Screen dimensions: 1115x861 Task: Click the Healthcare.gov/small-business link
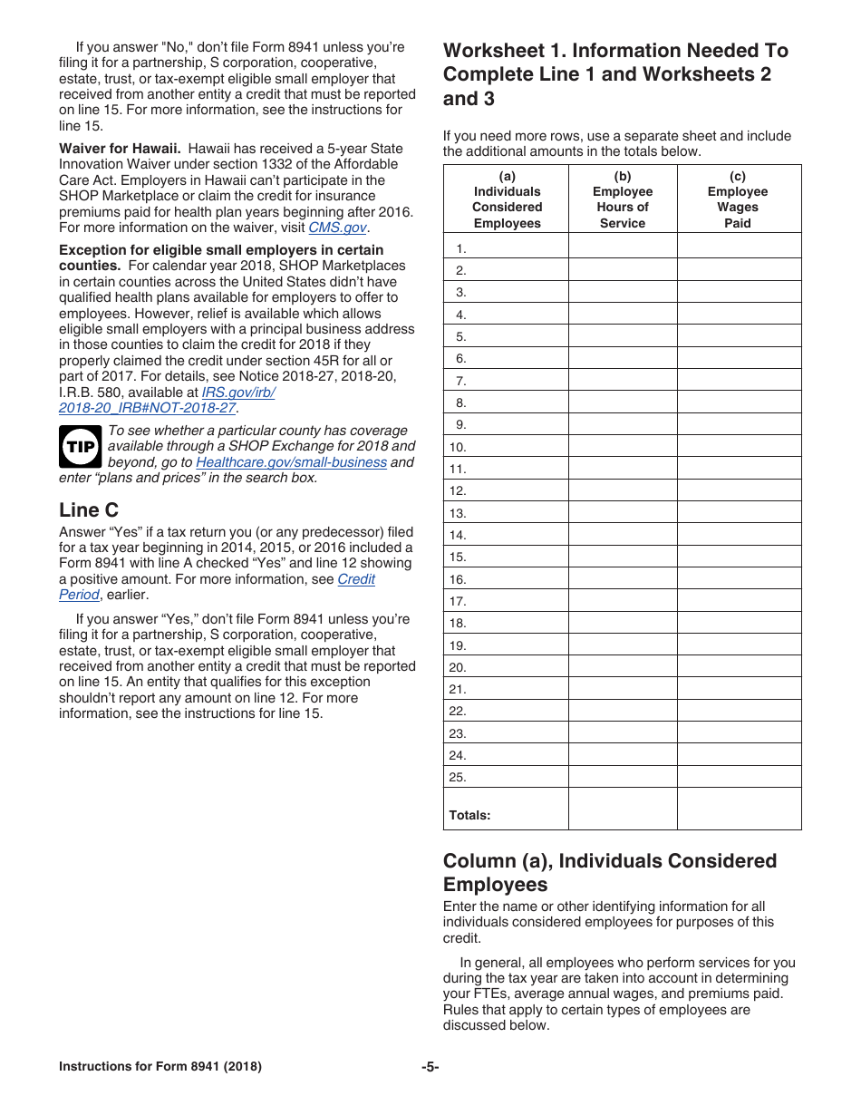click(x=291, y=462)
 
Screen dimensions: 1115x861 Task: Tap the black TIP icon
click(x=80, y=446)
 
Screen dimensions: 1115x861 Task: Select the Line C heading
click(x=89, y=510)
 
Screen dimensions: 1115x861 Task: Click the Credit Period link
click(x=355, y=579)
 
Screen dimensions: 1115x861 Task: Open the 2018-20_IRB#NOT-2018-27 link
click(x=147, y=408)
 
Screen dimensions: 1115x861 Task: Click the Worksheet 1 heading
click(x=615, y=74)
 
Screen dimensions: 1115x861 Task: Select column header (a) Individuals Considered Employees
click(x=507, y=199)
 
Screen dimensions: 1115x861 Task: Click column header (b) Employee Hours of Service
click(x=622, y=199)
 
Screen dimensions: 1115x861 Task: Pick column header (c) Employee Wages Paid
click(x=738, y=199)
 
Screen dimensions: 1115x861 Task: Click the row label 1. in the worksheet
click(x=461, y=248)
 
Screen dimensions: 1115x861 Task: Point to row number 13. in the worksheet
click(x=458, y=513)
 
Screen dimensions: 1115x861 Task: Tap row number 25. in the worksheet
click(x=458, y=778)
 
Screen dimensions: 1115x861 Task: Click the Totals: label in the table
click(x=469, y=815)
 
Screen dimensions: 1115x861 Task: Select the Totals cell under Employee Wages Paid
click(x=739, y=809)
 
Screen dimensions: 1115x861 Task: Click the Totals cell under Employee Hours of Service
click(x=622, y=809)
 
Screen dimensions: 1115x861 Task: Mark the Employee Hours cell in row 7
click(x=622, y=381)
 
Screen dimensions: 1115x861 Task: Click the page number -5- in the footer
click(x=430, y=1067)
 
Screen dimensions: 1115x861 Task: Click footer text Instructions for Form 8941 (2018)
click(x=160, y=1067)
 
